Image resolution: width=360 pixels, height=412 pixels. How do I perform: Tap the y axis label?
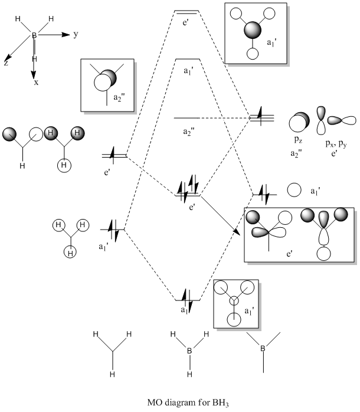click(76, 35)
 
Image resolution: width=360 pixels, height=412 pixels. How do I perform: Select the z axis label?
click(6, 63)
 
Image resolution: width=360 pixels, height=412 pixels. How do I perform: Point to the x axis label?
click(36, 83)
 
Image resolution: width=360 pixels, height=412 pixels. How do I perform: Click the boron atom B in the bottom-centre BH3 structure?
click(189, 352)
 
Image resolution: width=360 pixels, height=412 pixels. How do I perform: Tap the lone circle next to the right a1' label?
click(293, 190)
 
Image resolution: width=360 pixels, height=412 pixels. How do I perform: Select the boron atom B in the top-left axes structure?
click(35, 36)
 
